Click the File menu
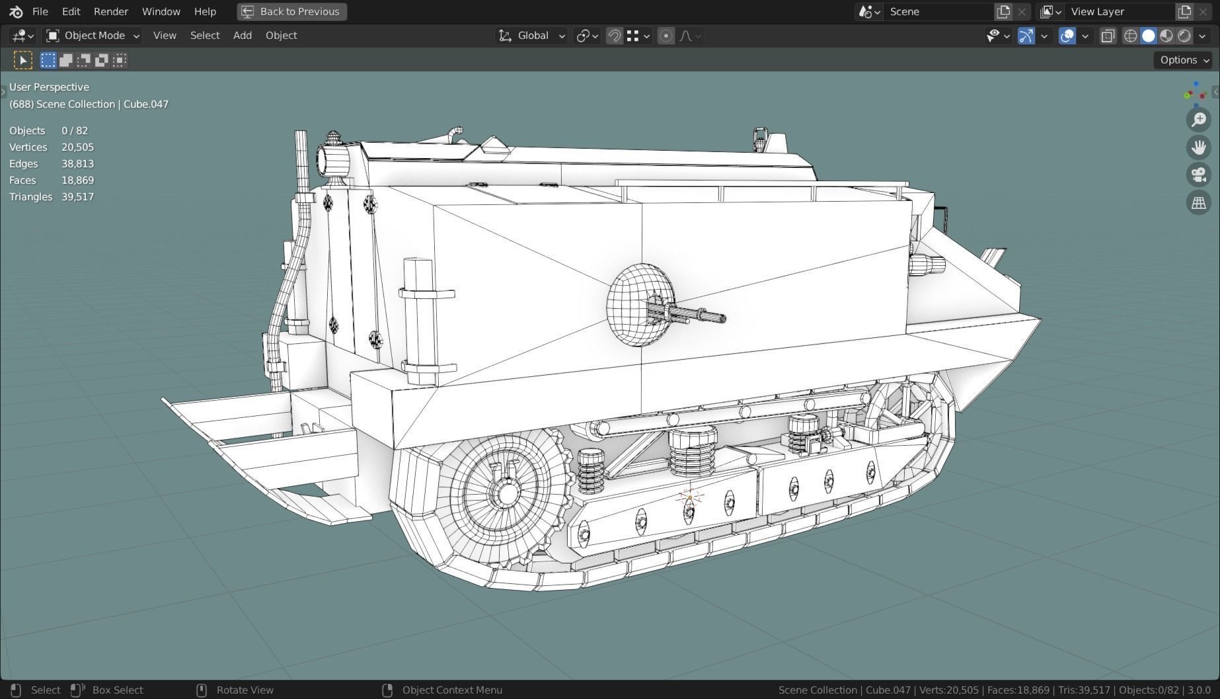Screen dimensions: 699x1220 pyautogui.click(x=40, y=11)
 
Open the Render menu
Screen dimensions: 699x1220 pyautogui.click(x=110, y=11)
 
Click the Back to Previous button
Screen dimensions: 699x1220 pyautogui.click(x=291, y=11)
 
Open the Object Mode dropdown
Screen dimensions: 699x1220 pyautogui.click(x=93, y=36)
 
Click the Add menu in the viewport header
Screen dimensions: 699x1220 pyautogui.click(x=242, y=36)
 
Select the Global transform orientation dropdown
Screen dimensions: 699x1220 pyautogui.click(x=532, y=36)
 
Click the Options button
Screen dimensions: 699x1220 pyautogui.click(x=1182, y=60)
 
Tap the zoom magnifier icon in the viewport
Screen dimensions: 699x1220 pyautogui.click(x=1198, y=120)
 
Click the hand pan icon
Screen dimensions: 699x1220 pyautogui.click(x=1198, y=147)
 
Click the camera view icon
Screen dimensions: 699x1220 pyautogui.click(x=1198, y=175)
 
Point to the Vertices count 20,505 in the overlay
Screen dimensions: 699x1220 pyautogui.click(x=77, y=147)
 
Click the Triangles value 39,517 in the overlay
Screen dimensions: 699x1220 pyautogui.click(x=77, y=196)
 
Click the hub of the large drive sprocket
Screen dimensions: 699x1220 pyautogui.click(x=507, y=493)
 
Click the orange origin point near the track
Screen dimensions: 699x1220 pyautogui.click(x=689, y=497)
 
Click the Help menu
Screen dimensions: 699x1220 pyautogui.click(x=205, y=11)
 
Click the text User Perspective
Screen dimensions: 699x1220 pyautogui.click(x=49, y=87)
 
